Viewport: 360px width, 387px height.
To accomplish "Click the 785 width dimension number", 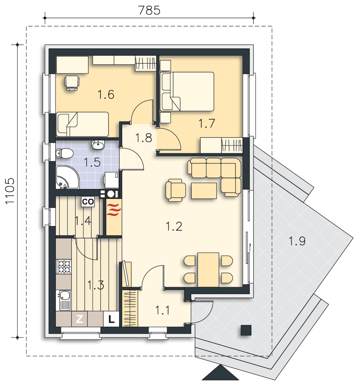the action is point(149,10).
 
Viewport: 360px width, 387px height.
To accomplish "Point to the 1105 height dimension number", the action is point(10,191).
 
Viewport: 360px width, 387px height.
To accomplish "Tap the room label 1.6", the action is point(106,94).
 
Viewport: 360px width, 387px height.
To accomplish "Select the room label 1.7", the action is point(207,123).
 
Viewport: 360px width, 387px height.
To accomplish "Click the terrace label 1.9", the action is point(297,241).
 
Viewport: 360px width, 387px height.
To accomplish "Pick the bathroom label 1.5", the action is point(92,163).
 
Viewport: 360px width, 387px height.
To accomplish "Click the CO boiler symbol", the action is point(88,202).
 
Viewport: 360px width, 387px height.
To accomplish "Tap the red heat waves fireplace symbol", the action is point(114,209).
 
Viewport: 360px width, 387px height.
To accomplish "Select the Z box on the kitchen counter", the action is point(80,319).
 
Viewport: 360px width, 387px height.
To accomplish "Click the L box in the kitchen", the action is point(111,319).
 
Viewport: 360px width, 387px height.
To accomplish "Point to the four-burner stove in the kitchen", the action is point(64,266).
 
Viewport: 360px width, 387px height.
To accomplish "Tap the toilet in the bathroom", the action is point(64,153).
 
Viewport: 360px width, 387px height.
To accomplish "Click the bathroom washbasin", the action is point(99,145).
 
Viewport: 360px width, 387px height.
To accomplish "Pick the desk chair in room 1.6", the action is point(72,83).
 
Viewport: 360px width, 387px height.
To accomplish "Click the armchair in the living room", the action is point(176,190).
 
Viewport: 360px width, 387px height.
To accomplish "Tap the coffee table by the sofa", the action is point(204,190).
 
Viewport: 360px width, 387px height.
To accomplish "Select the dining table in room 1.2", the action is point(208,269).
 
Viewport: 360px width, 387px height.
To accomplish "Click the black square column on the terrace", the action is point(246,330).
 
